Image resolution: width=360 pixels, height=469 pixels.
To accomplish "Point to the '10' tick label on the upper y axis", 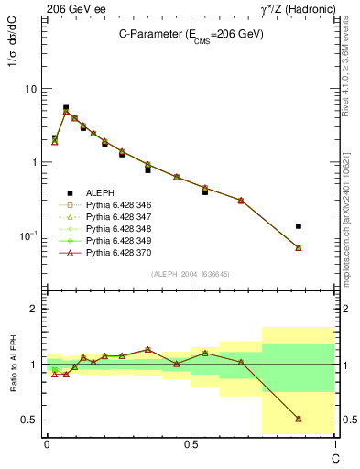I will click(x=31, y=89).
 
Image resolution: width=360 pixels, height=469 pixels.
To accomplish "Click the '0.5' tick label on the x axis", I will click(x=190, y=443).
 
